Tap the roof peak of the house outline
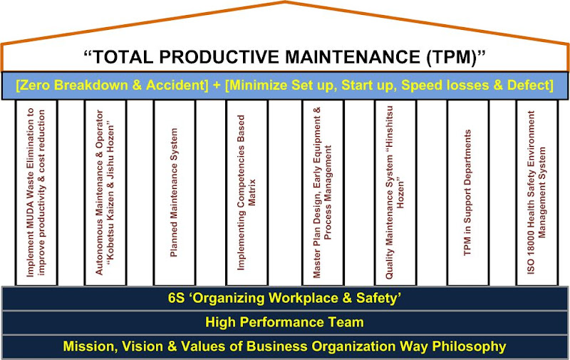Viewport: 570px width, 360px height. point(285,4)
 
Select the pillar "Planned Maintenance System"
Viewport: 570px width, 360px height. point(174,192)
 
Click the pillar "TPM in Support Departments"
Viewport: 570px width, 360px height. point(467,192)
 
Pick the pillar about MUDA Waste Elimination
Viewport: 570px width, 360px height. point(36,192)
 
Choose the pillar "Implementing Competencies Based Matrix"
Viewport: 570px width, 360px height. point(247,192)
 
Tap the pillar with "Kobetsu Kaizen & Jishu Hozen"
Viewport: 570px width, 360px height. point(105,192)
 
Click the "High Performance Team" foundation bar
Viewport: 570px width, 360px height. point(285,322)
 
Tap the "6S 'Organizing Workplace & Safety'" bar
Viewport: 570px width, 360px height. point(285,298)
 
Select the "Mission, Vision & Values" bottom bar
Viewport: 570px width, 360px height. point(285,346)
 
